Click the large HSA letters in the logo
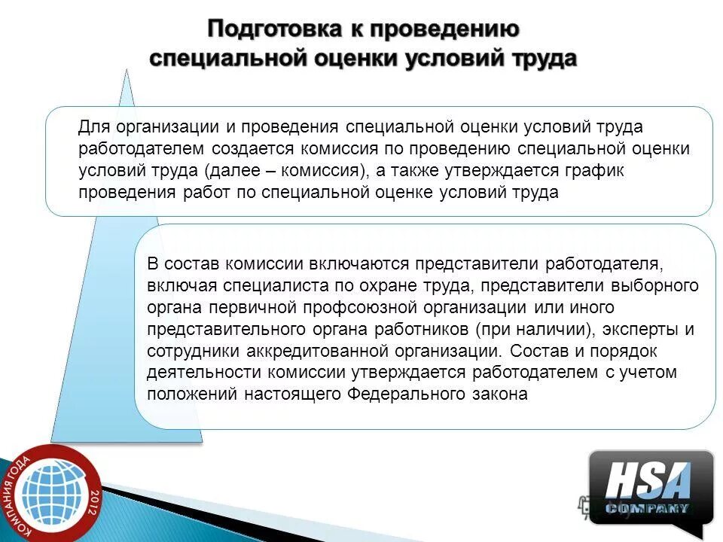coord(648,480)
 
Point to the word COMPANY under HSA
coord(648,508)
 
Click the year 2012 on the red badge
coord(92,498)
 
